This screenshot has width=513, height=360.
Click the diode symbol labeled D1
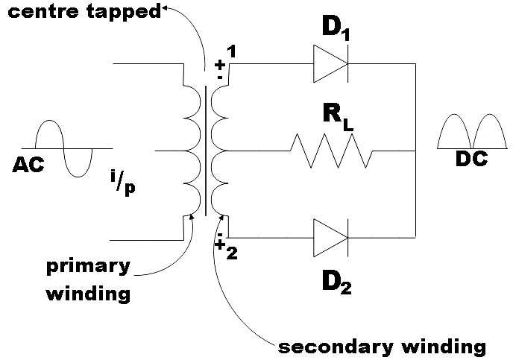(x=330, y=65)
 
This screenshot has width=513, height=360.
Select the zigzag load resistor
(x=330, y=151)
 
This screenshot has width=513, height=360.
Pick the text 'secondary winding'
(x=382, y=347)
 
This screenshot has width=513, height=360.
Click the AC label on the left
(x=28, y=165)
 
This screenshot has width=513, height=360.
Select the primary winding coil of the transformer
(x=192, y=151)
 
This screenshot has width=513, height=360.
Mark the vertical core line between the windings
(x=204, y=151)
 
